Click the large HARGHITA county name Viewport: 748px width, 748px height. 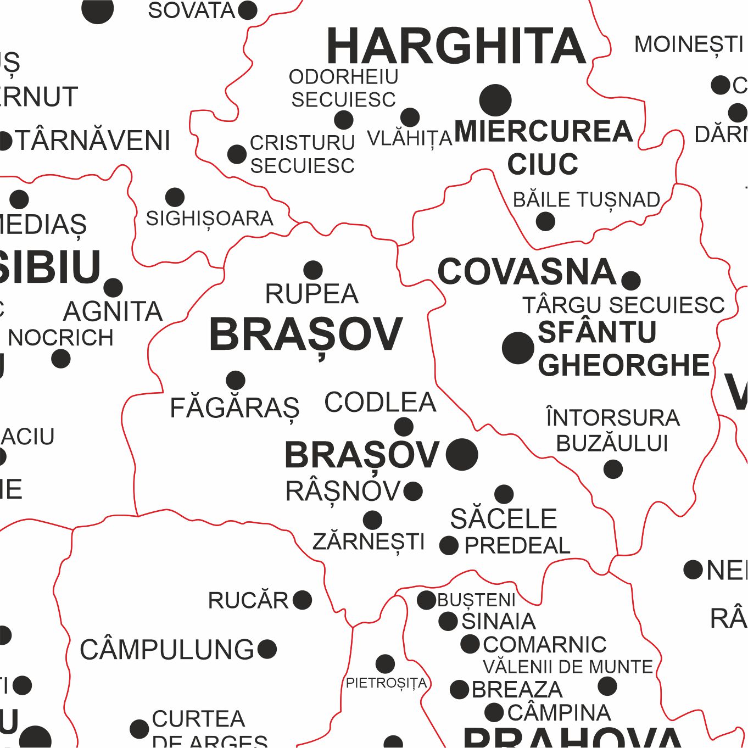456,47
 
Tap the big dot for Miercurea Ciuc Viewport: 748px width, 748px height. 495,101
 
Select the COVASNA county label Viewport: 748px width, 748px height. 527,272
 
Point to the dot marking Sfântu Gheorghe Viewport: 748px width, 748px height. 518,348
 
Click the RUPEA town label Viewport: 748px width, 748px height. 311,294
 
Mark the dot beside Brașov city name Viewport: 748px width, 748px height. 462,455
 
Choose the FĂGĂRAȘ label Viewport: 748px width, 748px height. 235,408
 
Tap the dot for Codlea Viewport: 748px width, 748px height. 404,427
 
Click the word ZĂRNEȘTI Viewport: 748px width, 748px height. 369,542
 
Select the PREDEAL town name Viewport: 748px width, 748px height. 517,546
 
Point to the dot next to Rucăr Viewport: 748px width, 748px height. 303,600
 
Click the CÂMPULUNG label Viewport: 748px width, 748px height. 167,650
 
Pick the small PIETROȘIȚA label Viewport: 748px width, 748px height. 386,683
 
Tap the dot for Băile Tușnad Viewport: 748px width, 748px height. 545,222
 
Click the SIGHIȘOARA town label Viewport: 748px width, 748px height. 209,219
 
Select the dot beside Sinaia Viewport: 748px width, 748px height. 448,622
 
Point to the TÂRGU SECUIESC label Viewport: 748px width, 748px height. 623,305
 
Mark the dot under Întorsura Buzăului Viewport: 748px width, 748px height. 613,470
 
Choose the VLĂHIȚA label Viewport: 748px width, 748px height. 409,138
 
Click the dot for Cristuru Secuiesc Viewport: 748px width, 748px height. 237,154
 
